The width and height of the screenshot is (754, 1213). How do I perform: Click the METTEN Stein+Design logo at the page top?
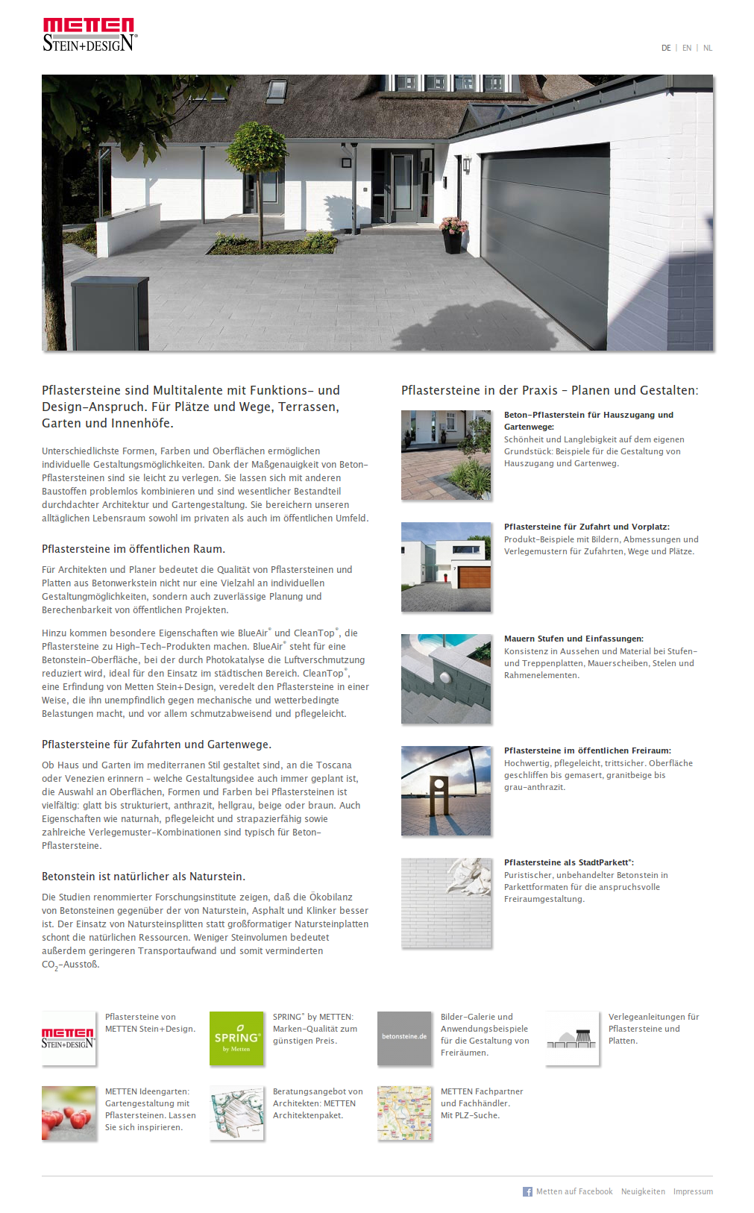coord(89,34)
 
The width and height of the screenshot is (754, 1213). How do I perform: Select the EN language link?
coord(687,48)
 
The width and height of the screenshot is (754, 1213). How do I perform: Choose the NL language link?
coord(708,48)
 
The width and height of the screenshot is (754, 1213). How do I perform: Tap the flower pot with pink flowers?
coord(453,234)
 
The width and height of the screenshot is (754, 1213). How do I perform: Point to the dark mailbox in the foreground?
coord(110,313)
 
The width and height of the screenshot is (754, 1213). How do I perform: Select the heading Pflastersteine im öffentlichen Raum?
coord(133,549)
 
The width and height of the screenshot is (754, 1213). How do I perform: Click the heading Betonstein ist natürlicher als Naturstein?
coord(143,877)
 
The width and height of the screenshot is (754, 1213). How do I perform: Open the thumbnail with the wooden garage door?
coord(446,567)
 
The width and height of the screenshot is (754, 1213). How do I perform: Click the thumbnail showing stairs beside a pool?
coord(446,679)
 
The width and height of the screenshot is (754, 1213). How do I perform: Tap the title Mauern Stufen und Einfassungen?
coord(574,639)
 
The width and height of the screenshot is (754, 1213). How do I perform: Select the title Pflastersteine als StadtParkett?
coord(568,862)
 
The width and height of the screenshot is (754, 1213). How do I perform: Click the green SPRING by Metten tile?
coord(236,1038)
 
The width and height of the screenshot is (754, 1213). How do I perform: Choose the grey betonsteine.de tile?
coord(404,1038)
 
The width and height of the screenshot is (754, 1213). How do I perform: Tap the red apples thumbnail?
coord(69,1113)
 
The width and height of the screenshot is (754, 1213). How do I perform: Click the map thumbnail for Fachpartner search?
coord(404,1113)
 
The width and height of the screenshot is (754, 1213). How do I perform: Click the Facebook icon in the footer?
coord(527,1192)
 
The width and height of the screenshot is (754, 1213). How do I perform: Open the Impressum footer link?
coord(693,1192)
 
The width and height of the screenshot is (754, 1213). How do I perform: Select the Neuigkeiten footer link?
coord(643,1192)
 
